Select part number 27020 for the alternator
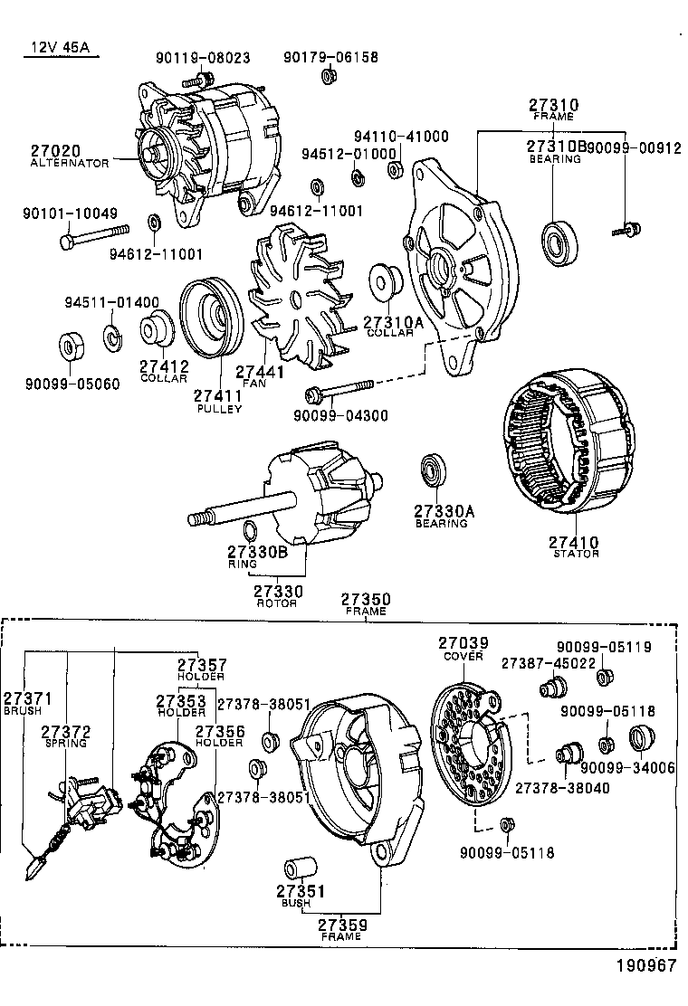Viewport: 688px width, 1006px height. (55, 150)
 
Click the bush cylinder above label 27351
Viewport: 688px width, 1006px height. (294, 868)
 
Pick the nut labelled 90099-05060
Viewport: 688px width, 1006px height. (72, 347)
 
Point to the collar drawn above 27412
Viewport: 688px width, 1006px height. (158, 327)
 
